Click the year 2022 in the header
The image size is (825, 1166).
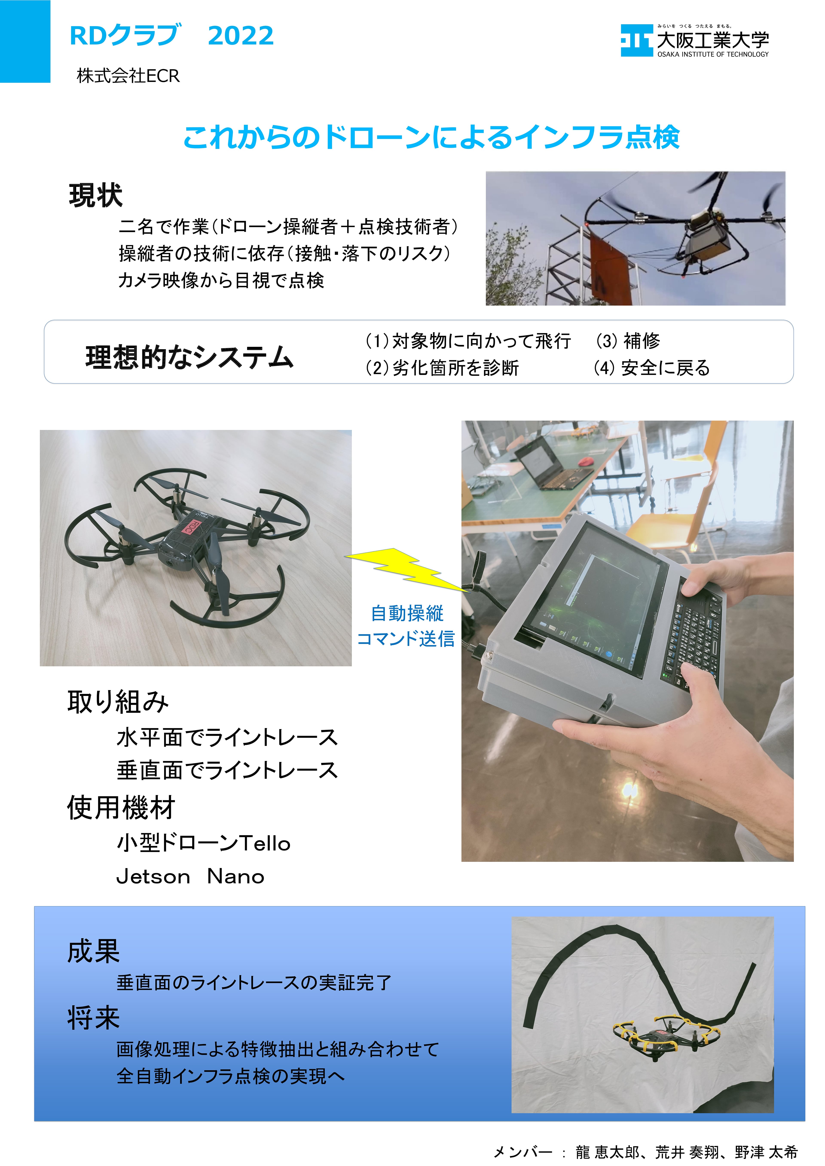[x=241, y=36]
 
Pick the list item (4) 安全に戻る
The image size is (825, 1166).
[x=652, y=368]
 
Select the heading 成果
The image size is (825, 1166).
[x=94, y=951]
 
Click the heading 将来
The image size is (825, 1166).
[x=94, y=1018]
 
